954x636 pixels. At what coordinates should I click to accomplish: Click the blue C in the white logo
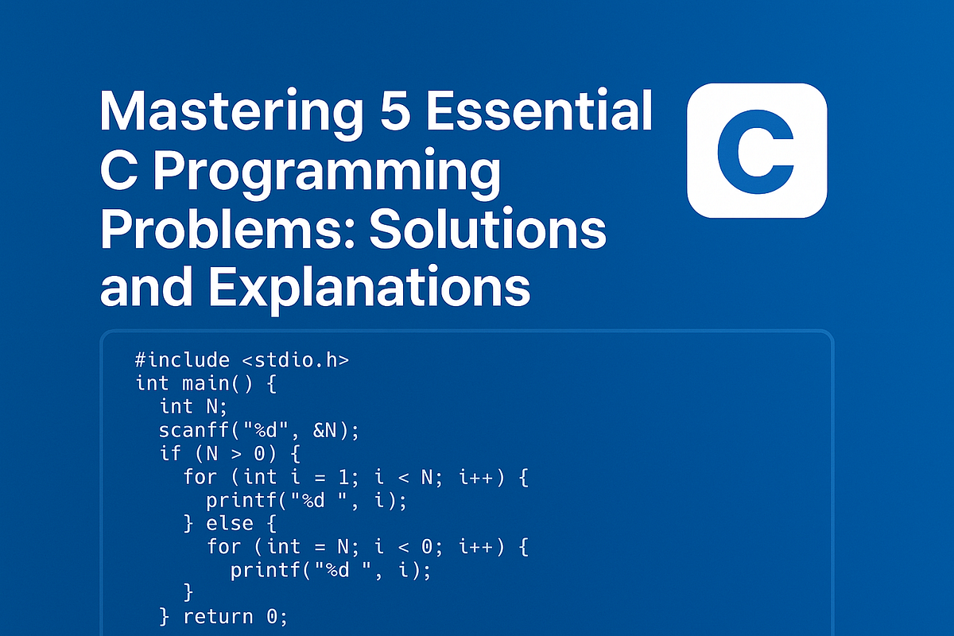pyautogui.click(x=756, y=151)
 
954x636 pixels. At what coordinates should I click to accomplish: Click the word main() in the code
pyautogui.click(x=217, y=383)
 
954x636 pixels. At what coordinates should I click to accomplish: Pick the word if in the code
pyautogui.click(x=170, y=453)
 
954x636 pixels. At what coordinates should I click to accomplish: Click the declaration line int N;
pyautogui.click(x=188, y=406)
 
